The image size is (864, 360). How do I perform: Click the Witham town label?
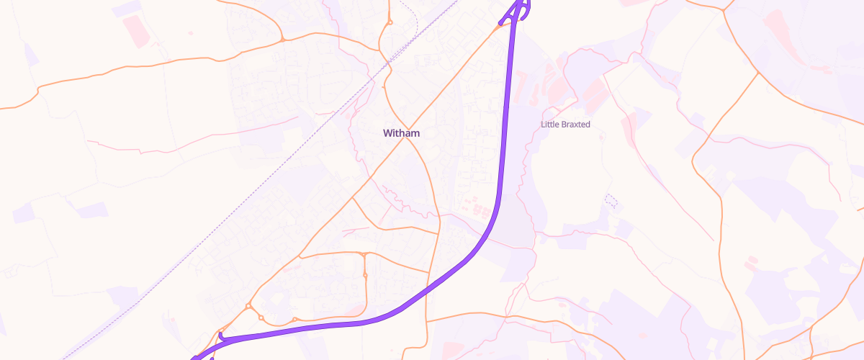point(401,133)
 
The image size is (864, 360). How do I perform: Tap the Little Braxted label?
point(565,125)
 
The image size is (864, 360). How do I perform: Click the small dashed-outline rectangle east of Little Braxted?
point(611,199)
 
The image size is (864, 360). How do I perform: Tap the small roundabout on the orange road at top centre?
point(390,23)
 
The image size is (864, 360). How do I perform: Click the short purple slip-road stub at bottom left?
point(222,335)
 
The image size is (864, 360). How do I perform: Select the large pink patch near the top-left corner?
point(135,30)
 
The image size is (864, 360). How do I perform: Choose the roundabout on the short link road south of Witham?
point(366,275)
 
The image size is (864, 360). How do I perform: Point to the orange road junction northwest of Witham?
point(283,40)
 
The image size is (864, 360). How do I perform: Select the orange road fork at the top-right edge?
point(724,9)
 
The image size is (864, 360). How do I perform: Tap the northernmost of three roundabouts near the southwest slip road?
point(248,307)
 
